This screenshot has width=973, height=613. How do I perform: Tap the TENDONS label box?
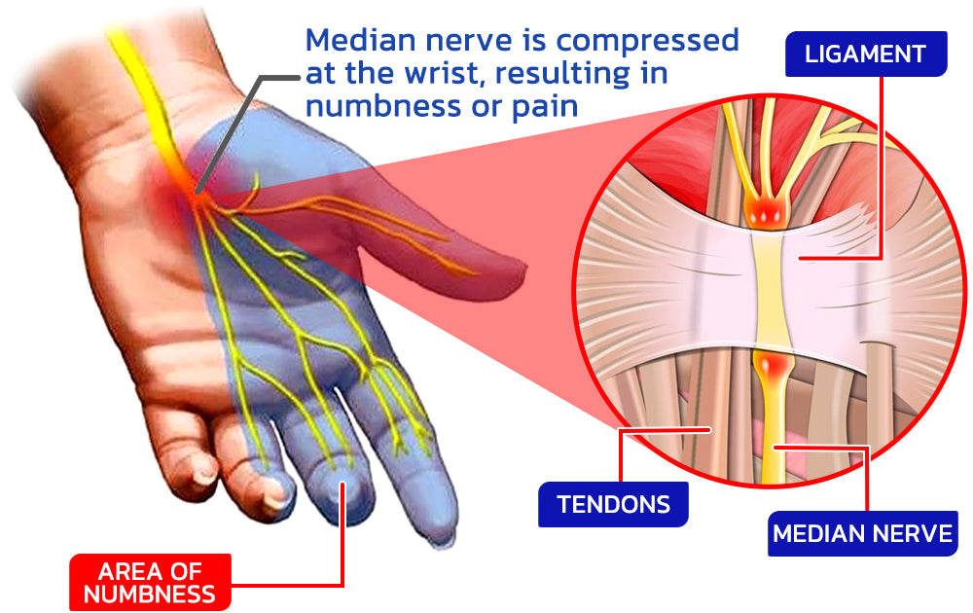613,504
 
